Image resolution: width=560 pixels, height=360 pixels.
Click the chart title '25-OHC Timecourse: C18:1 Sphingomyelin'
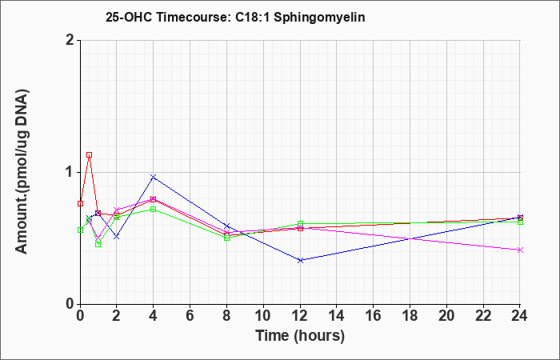point(235,17)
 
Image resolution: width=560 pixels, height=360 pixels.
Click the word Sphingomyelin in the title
point(320,18)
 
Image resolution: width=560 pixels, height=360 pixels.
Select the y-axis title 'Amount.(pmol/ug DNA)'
point(22,172)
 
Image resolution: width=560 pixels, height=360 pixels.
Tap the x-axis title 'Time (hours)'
point(300,336)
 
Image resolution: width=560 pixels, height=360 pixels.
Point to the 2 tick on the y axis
point(70,40)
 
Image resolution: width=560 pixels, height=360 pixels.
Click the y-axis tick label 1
point(70,173)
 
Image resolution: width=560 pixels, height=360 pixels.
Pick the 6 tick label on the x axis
point(190,316)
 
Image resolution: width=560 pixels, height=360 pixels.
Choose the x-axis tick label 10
point(263,316)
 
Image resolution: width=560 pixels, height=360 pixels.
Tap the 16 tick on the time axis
point(374,316)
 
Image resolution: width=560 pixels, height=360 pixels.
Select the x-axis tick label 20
point(446,316)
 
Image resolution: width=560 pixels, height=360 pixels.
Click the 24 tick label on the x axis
point(520,316)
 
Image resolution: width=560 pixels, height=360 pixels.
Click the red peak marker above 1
point(90,155)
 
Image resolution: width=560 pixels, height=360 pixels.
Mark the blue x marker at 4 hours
point(154,177)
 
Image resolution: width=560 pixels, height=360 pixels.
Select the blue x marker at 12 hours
point(300,260)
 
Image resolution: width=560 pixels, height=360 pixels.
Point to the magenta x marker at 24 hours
point(520,250)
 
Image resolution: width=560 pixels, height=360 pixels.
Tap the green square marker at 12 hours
point(300,224)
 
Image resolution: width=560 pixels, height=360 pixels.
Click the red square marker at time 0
point(80,203)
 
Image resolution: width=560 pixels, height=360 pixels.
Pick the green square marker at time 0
point(80,230)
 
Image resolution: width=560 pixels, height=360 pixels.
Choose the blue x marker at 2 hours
point(117,237)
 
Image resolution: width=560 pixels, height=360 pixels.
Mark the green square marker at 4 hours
point(154,210)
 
